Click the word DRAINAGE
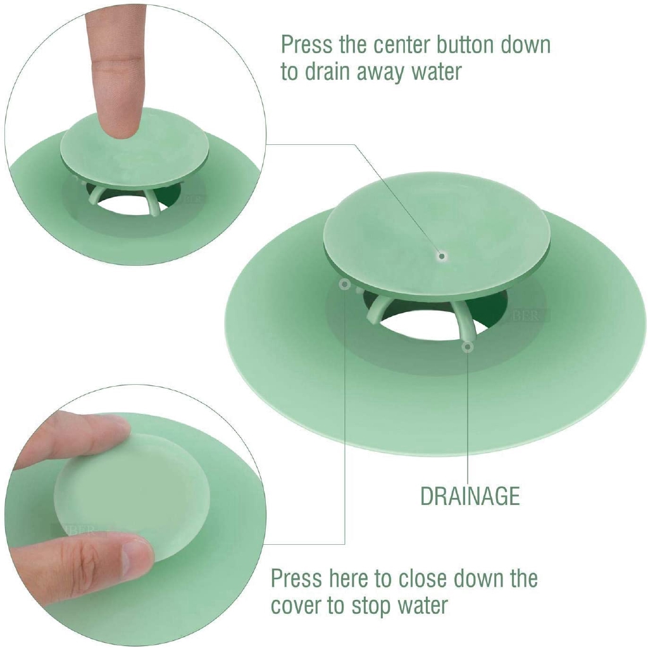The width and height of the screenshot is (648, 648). point(470,496)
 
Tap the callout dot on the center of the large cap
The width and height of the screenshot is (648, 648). point(443,256)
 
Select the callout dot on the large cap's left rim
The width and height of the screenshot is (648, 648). point(345,285)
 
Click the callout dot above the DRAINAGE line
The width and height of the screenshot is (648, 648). point(468,346)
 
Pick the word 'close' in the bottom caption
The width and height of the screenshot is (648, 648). point(425,579)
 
